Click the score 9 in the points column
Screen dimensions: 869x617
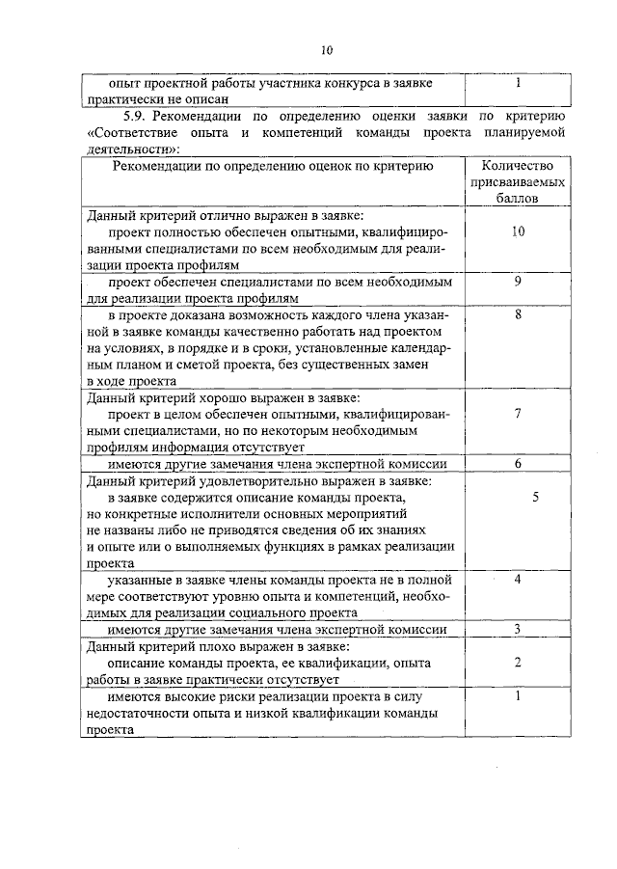click(x=518, y=282)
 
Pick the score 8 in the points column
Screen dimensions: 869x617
click(x=518, y=314)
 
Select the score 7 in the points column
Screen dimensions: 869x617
click(x=518, y=414)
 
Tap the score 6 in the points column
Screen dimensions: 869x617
click(x=518, y=464)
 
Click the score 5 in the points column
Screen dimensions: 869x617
click(x=535, y=497)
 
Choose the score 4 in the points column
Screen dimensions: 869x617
click(x=518, y=580)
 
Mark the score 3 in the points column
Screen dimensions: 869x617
click(x=518, y=630)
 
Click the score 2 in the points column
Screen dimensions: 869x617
click(x=518, y=663)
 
